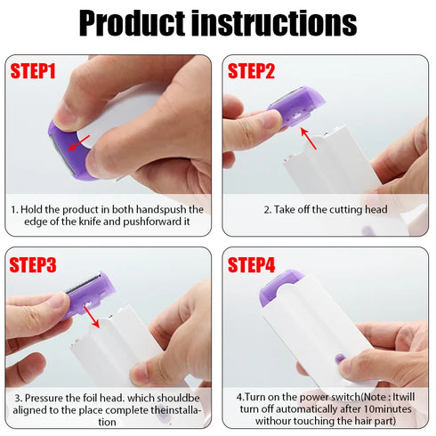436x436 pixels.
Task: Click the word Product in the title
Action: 134,24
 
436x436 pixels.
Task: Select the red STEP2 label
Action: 255,70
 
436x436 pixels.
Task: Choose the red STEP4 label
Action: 256,264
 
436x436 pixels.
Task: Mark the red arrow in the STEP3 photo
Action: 89,311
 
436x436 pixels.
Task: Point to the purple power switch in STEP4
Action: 338,359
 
